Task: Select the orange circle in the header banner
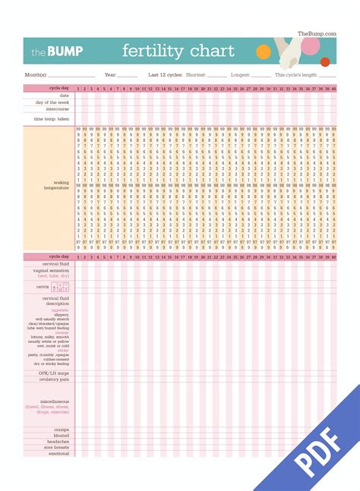point(264,52)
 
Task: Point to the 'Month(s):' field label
point(36,75)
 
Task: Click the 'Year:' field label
point(110,75)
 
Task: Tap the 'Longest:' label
point(240,75)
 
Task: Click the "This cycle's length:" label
point(296,75)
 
